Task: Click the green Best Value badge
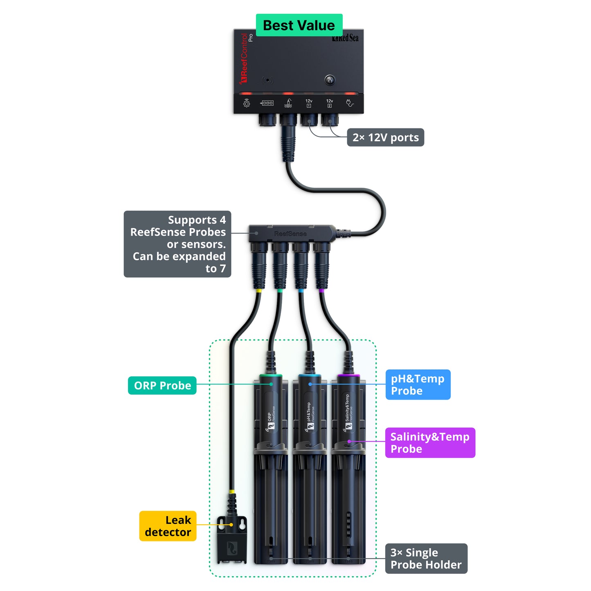[x=299, y=25]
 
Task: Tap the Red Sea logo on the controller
[x=346, y=38]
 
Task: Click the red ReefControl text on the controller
[x=244, y=58]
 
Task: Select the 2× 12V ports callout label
[x=385, y=137]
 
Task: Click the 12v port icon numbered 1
[x=309, y=103]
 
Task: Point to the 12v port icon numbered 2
[x=330, y=103]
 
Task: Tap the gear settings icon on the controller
[x=247, y=103]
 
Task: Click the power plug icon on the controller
[x=350, y=103]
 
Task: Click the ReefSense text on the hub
[x=290, y=234]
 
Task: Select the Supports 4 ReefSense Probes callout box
[x=178, y=244]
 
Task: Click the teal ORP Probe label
[x=162, y=386]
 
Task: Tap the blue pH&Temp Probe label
[x=418, y=385]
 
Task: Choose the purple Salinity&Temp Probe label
[x=430, y=443]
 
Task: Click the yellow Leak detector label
[x=168, y=526]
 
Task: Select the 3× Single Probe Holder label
[x=426, y=559]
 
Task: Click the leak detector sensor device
[x=232, y=542]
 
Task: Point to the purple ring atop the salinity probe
[x=348, y=375]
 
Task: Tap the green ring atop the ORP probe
[x=271, y=375]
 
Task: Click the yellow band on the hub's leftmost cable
[x=258, y=291]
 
